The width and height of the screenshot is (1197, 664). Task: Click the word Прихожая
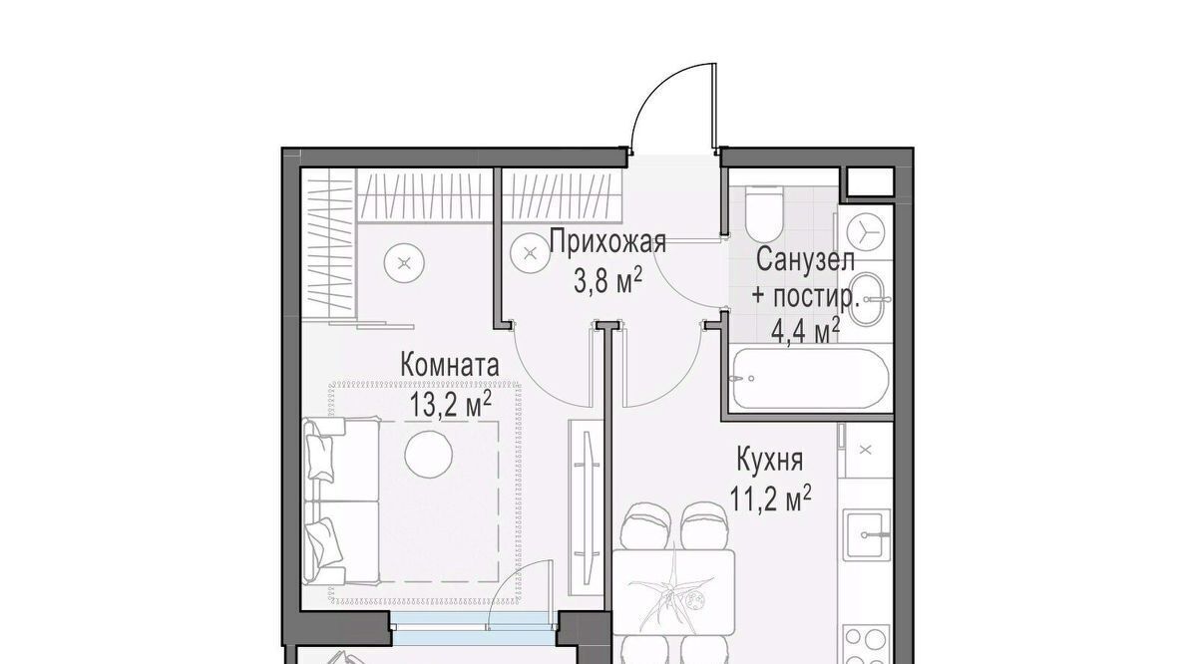coord(607,243)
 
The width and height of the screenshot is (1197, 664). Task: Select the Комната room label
coord(450,365)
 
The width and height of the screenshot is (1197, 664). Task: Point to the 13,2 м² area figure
coord(450,404)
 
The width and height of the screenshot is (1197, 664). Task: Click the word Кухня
coord(769,461)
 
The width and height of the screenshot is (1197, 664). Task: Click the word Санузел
coord(806,260)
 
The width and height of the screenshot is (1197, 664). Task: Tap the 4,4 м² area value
coord(806,332)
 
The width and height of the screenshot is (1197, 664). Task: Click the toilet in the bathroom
coord(764,213)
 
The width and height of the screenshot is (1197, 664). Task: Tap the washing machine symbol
coord(866,231)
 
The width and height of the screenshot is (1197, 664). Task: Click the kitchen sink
coord(867,534)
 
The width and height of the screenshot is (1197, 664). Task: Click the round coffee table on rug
coord(429,455)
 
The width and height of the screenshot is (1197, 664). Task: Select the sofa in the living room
coord(342,500)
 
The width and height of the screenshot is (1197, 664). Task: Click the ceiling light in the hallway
coord(530,254)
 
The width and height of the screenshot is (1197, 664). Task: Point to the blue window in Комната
coord(475,628)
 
